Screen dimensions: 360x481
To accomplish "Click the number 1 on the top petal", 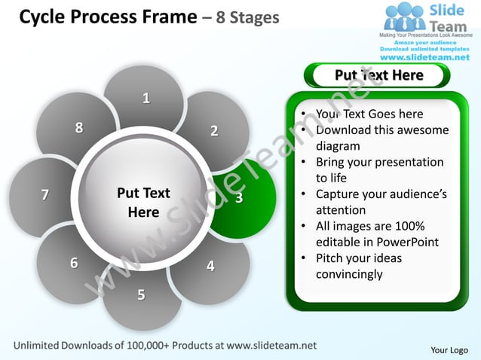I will point(146,98).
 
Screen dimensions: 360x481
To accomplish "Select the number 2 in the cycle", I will point(214,131).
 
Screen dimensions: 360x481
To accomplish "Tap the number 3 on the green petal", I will point(239,198).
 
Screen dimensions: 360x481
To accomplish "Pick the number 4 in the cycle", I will point(210,266).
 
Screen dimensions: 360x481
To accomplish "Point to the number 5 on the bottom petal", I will point(141,294).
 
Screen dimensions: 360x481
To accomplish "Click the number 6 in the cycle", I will point(74,263).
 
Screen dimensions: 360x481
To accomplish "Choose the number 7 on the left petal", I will point(45,195).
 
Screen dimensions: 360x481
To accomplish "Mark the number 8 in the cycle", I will point(78,127).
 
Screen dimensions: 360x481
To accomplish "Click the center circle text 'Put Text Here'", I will point(143,203).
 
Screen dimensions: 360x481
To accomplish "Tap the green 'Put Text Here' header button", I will point(378,75).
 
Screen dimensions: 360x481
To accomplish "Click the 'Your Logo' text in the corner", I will point(449,349).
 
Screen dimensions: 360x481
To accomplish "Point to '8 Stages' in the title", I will point(247,17).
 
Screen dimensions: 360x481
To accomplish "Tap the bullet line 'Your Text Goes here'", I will point(369,114).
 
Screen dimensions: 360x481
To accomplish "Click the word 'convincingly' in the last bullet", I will point(349,274).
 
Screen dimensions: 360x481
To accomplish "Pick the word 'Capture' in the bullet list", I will point(339,194).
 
